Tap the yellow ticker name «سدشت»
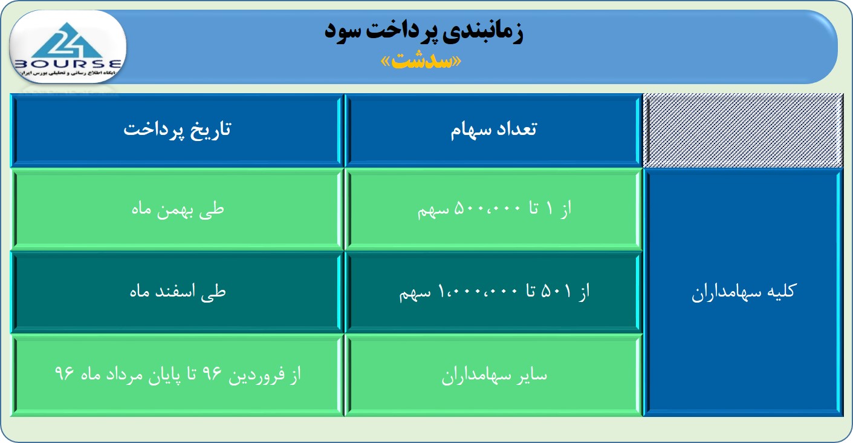[421, 62]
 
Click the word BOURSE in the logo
[68, 64]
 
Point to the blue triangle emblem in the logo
[67, 40]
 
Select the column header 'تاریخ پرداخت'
[178, 130]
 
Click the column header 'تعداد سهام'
[494, 130]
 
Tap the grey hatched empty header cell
[743, 130]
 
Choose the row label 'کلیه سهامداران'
[744, 292]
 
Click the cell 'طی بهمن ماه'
[178, 209]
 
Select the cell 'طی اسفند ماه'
[178, 292]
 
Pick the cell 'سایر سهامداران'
[495, 375]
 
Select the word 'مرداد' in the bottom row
[125, 375]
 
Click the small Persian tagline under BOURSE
[68, 73]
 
